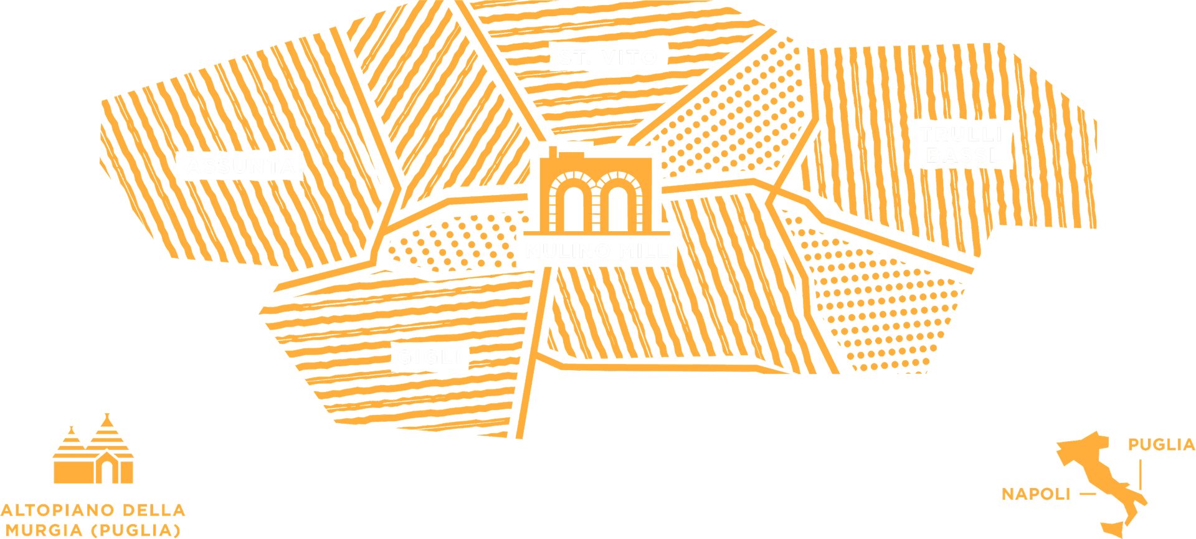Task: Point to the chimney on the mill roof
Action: (x=552, y=153)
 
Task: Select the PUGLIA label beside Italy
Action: (x=1161, y=444)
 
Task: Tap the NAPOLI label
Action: (x=1035, y=494)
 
